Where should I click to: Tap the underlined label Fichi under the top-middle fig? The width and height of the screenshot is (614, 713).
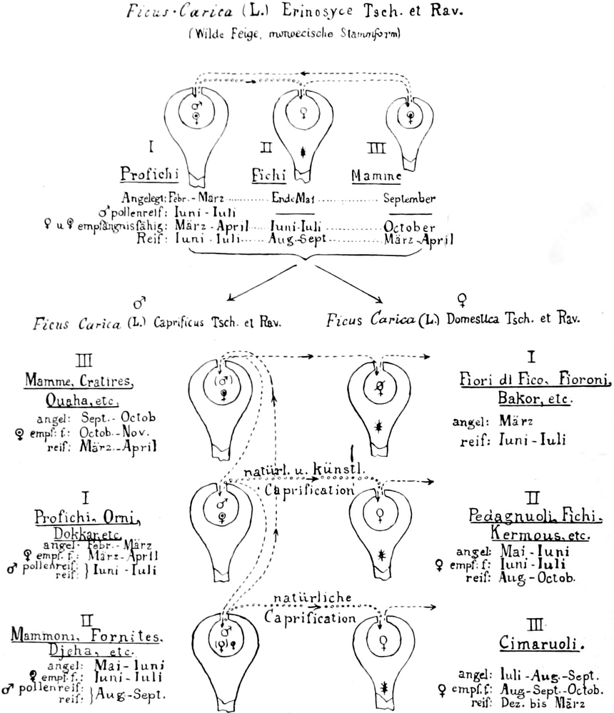click(268, 175)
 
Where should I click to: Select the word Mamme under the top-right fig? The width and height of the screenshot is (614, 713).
click(378, 175)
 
